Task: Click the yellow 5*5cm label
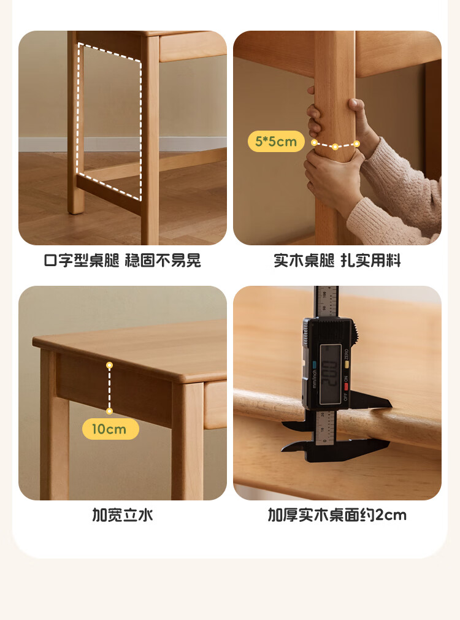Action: point(276,141)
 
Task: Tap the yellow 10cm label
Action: point(110,429)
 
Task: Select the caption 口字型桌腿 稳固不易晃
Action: point(123,261)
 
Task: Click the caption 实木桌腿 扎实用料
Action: point(337,261)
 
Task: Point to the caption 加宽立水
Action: point(123,515)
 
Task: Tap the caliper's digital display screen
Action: point(330,374)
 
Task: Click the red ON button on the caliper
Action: point(347,386)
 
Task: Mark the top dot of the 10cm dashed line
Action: point(110,365)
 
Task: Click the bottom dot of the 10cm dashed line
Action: point(110,411)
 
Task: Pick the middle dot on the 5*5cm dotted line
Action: point(335,147)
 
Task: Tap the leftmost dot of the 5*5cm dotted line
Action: point(314,142)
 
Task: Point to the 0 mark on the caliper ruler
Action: point(324,440)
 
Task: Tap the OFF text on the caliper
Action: point(346,396)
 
